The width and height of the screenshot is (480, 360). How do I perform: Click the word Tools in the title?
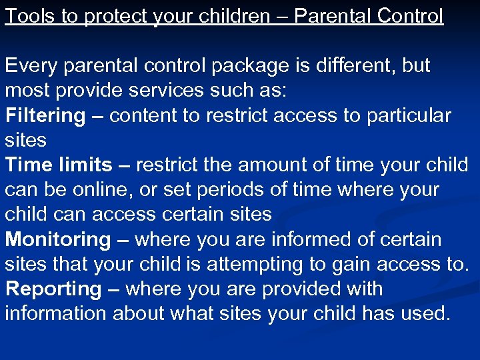pos(28,15)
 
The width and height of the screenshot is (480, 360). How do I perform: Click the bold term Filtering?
pos(45,116)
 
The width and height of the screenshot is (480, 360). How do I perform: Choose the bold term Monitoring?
pos(58,239)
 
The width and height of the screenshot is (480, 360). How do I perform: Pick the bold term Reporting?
pos(53,289)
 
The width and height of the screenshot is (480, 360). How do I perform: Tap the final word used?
pos(424,313)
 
